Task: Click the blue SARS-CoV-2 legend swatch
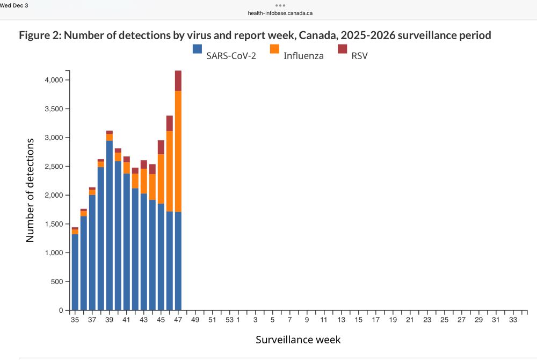pyautogui.click(x=197, y=49)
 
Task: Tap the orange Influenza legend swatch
pyautogui.click(x=274, y=49)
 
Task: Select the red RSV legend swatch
pyautogui.click(x=342, y=49)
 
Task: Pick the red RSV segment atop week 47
pyautogui.click(x=178, y=81)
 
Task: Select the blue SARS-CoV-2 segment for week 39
pyautogui.click(x=109, y=226)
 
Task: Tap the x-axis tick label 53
pyautogui.click(x=229, y=320)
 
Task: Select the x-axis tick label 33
pyautogui.click(x=512, y=320)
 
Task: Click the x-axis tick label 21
pyautogui.click(x=410, y=320)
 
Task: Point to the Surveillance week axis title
pyautogui.click(x=297, y=340)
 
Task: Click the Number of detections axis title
pyautogui.click(x=31, y=190)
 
